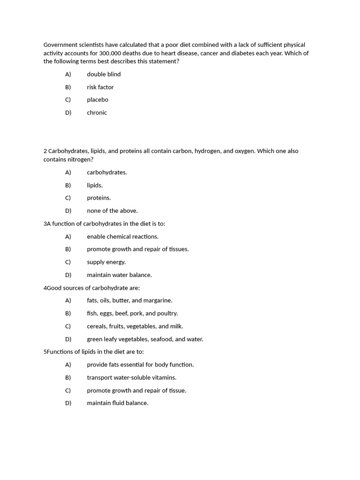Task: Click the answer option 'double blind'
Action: pyautogui.click(x=104, y=74)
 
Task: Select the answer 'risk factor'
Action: pyautogui.click(x=100, y=87)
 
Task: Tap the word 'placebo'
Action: pyautogui.click(x=97, y=100)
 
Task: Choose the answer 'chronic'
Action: pyautogui.click(x=97, y=112)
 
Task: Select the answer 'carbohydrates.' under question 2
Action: pyautogui.click(x=107, y=172)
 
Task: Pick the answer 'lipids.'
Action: pyautogui.click(x=95, y=185)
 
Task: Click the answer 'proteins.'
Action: pyautogui.click(x=98, y=198)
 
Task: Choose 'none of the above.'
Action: pyautogui.click(x=112, y=211)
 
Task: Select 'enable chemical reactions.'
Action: pyautogui.click(x=122, y=237)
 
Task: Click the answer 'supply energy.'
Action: pyautogui.click(x=106, y=262)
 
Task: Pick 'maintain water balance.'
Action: pyautogui.click(x=119, y=275)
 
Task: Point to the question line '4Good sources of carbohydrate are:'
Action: pyautogui.click(x=91, y=288)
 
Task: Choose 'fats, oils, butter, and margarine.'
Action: pyautogui.click(x=129, y=300)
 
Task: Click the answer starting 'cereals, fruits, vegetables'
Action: pyautogui.click(x=135, y=326)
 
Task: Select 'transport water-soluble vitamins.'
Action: pyautogui.click(x=131, y=377)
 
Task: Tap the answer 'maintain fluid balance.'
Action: pyautogui.click(x=117, y=403)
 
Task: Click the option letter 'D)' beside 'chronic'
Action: pyautogui.click(x=68, y=112)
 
